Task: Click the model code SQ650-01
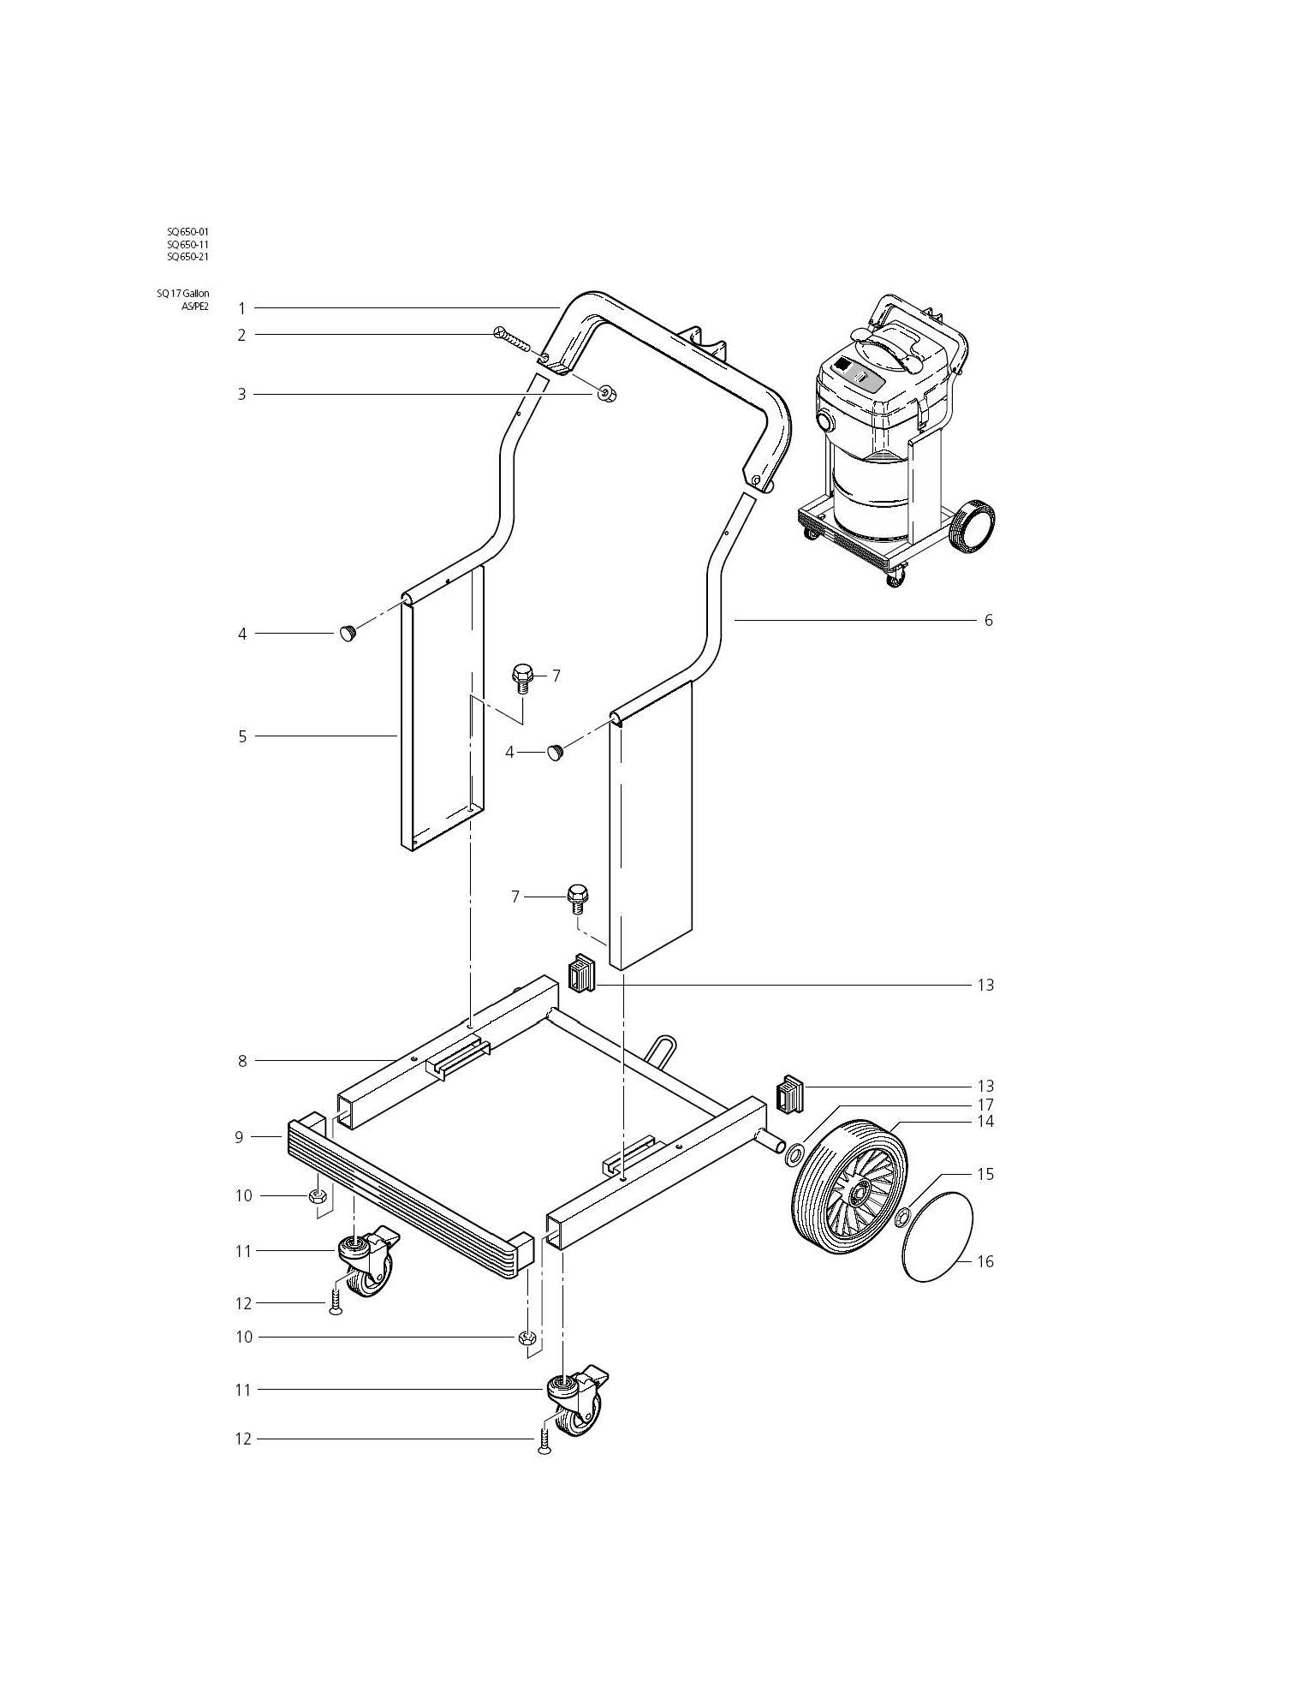pos(187,231)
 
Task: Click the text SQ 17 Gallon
pos(182,294)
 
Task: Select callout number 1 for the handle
pos(242,308)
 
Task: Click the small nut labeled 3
pos(606,394)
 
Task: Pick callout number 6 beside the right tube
pos(988,620)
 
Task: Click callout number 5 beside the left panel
pos(242,736)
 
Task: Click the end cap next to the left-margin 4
pos(348,634)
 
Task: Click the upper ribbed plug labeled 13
pos(581,974)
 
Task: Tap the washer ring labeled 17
pos(794,1156)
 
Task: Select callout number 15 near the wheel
pos(985,1174)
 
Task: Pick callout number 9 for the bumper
pos(240,1137)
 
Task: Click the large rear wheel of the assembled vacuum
pos(974,525)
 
